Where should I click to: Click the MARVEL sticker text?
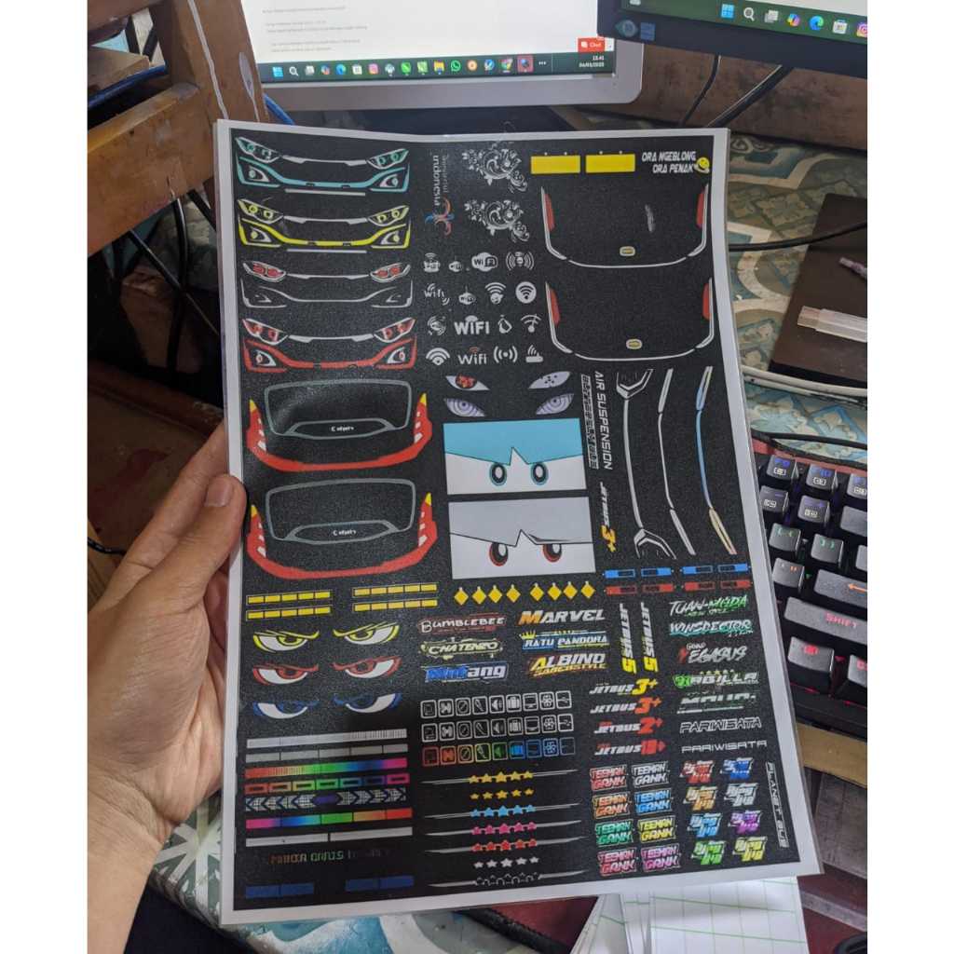coord(561,617)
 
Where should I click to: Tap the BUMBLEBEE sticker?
coord(462,624)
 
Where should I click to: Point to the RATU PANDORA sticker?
coord(564,641)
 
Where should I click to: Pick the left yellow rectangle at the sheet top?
coord(555,164)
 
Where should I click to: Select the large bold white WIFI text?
coord(471,327)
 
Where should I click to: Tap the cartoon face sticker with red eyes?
coord(521,538)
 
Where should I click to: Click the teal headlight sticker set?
coord(322,166)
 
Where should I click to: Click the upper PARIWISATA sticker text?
coord(719,724)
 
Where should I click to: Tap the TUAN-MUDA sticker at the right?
coord(708,606)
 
